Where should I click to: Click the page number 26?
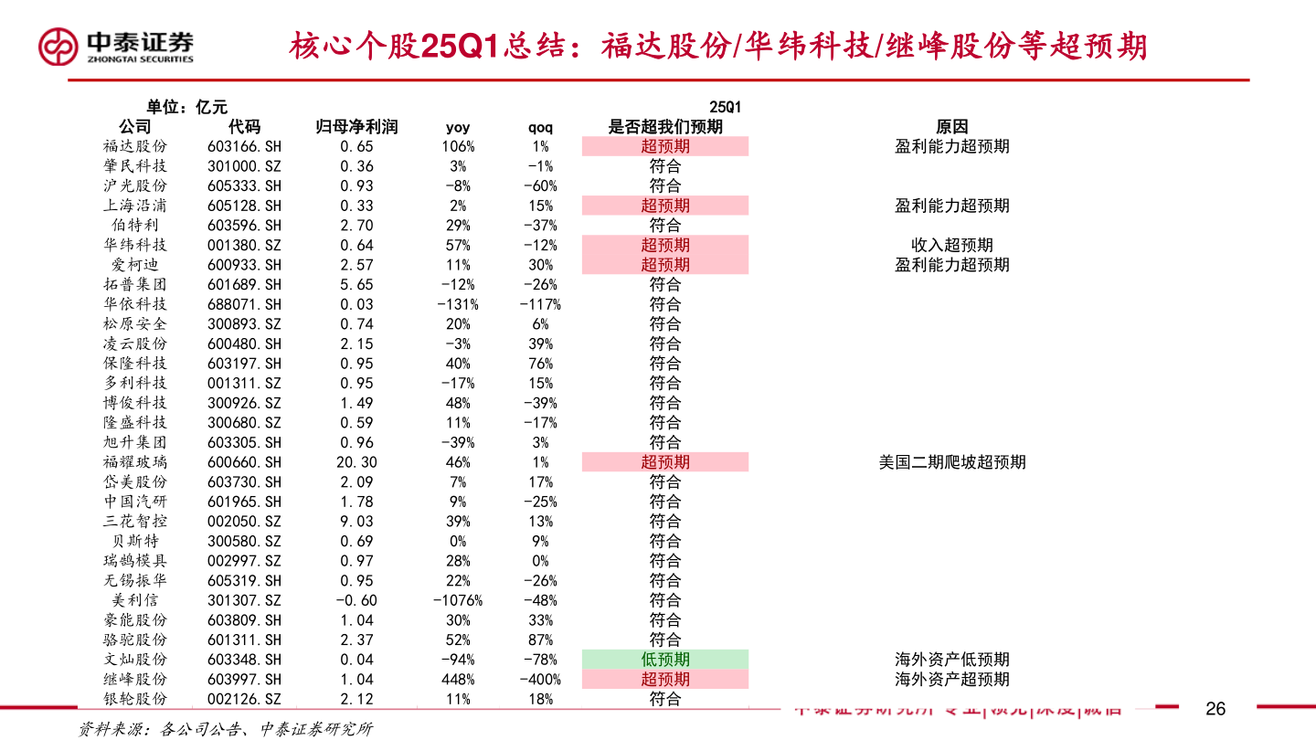click(1215, 709)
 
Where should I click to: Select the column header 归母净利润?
click(356, 127)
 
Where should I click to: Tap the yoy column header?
click(458, 127)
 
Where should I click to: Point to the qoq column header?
click(540, 127)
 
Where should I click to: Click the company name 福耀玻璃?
click(135, 462)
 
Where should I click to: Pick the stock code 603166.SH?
click(244, 146)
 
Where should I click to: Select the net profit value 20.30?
click(356, 462)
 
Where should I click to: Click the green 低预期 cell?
click(665, 660)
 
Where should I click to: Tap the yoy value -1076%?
click(458, 600)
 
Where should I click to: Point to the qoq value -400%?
click(540, 680)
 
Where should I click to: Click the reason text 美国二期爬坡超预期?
click(951, 462)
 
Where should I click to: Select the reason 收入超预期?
click(951, 245)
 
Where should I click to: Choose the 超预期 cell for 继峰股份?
click(665, 680)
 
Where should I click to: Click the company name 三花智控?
click(135, 522)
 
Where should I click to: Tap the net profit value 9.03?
click(356, 522)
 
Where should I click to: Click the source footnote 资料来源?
click(225, 729)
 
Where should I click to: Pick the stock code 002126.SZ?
click(244, 699)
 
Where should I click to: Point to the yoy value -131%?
click(458, 304)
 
